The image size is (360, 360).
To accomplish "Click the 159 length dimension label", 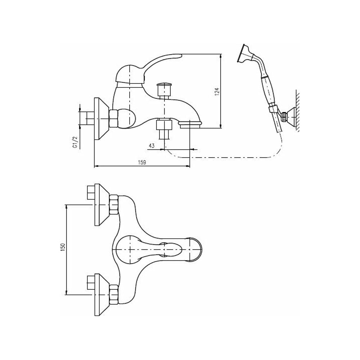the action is point(142,162).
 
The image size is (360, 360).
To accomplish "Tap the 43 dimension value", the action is point(152,145).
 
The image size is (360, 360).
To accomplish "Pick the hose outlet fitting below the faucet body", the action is point(164,129).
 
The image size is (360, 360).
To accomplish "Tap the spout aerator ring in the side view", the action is point(190,125).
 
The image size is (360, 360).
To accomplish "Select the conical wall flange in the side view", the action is point(102,119).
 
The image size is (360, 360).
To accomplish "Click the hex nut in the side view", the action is point(114,119).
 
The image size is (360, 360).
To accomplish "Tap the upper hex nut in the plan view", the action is point(114,205).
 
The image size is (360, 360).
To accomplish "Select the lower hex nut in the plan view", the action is point(114,294).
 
